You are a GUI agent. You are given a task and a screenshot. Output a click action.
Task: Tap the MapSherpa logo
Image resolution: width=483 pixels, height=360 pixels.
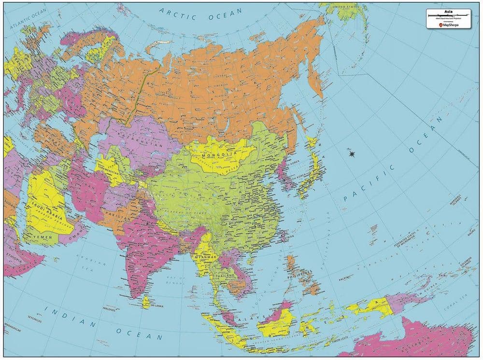click(450, 25)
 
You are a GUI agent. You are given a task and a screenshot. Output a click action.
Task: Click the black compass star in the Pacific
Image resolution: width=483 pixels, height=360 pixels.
click(352, 154)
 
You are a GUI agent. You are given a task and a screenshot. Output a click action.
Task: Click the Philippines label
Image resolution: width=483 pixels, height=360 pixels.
click(300, 277)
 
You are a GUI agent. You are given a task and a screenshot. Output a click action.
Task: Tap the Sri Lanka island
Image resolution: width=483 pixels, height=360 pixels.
click(146, 302)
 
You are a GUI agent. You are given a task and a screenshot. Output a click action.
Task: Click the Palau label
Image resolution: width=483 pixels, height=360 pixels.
click(344, 279)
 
